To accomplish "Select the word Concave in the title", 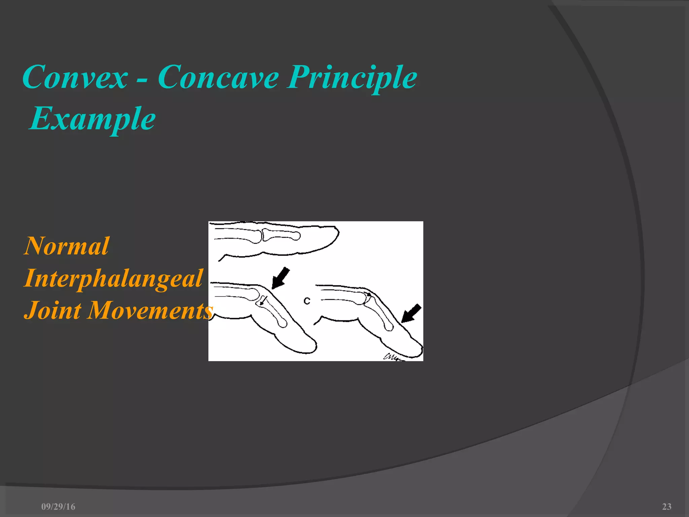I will pos(218,78).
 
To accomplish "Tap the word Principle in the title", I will pos(352,78).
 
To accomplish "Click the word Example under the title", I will pos(92,118).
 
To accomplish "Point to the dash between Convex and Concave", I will pos(142,81).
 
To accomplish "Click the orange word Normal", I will pos(67,246).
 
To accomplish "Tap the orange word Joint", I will pos(52,310).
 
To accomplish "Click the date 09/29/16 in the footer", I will pos(58,507).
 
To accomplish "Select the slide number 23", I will pos(666,507).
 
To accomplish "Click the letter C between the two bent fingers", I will pos(306,301).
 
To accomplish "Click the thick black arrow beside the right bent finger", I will pos(411,313).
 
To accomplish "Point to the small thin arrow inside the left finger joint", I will pos(263,300).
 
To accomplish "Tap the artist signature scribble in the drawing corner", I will pos(392,357).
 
